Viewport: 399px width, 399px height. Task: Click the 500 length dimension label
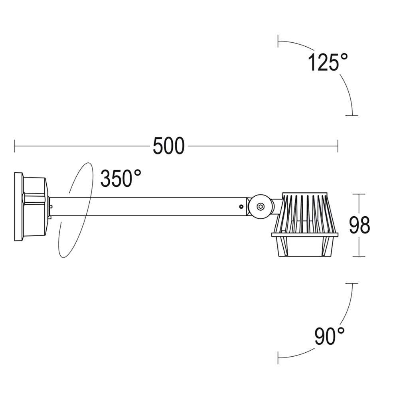[168, 146]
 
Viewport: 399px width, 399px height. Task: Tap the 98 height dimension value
[359, 225]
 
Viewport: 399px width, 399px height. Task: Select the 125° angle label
[328, 62]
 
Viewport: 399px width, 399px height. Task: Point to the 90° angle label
[330, 336]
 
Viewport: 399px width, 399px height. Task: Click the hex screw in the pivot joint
[260, 206]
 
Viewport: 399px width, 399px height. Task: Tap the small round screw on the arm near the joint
[241, 207]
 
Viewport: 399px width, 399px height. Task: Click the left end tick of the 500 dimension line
[15, 146]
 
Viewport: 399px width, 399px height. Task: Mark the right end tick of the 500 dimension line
[338, 146]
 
